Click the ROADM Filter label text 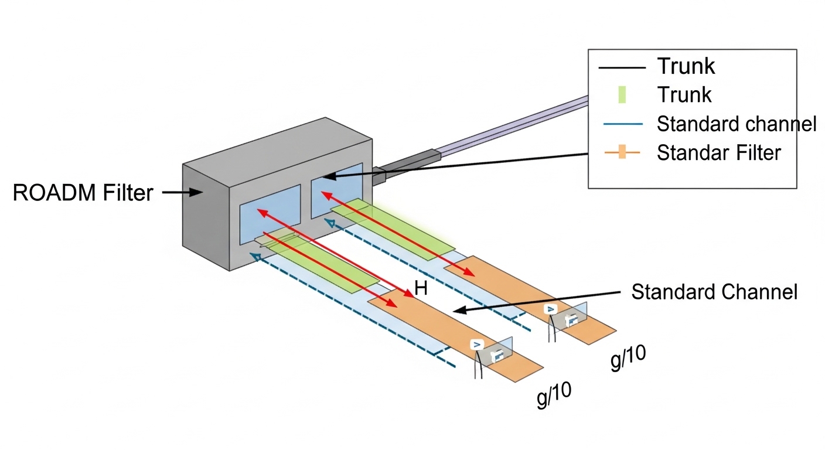click(x=83, y=192)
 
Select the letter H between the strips click(x=420, y=288)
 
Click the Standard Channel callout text click(x=714, y=291)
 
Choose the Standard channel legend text click(x=737, y=124)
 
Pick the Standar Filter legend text click(x=719, y=153)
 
